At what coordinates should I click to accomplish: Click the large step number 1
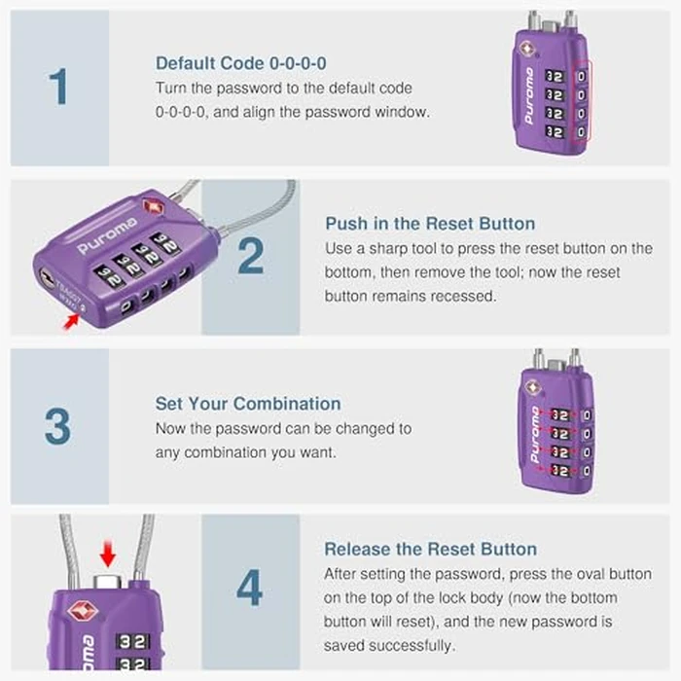tap(59, 87)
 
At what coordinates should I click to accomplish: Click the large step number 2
tap(250, 257)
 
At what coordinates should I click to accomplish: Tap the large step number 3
tap(57, 426)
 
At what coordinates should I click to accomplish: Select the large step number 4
tap(250, 589)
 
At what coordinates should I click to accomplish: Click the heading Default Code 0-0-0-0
tap(240, 63)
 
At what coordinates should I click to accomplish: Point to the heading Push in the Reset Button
tap(429, 224)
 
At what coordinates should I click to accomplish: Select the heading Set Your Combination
tap(248, 404)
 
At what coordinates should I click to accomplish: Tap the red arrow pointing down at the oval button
tap(108, 556)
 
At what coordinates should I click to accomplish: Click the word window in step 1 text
tap(405, 112)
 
